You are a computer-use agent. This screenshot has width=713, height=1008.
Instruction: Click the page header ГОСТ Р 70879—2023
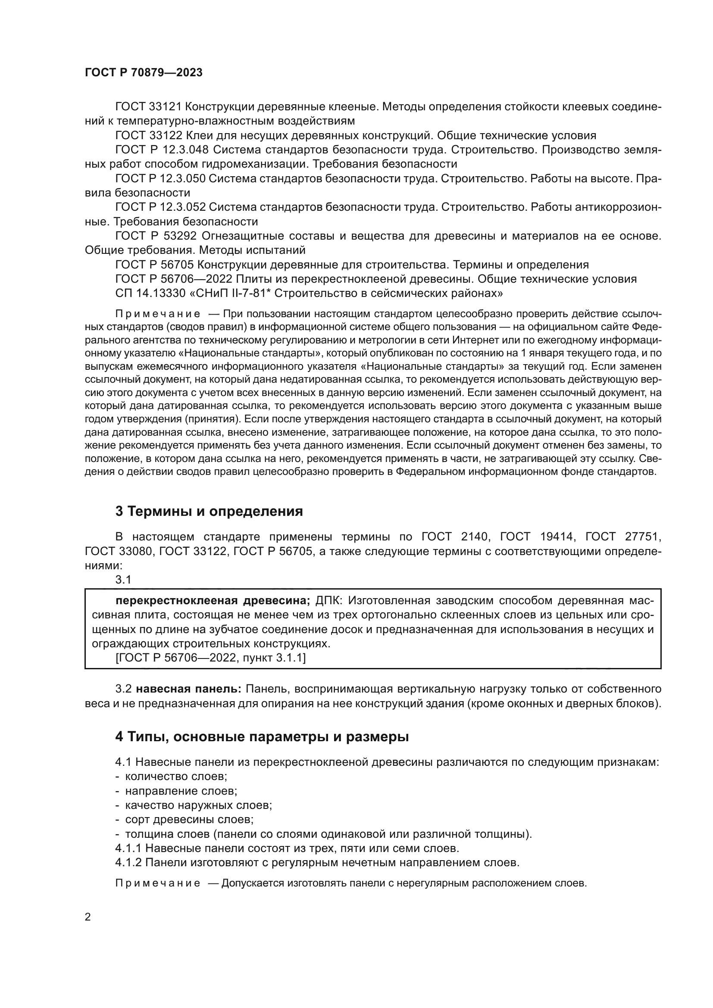[x=144, y=73]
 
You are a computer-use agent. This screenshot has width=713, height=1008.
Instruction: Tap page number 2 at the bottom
[x=88, y=917]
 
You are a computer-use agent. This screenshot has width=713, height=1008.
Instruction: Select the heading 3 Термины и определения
[x=209, y=511]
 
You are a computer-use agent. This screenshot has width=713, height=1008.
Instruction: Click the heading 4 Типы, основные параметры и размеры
[x=262, y=736]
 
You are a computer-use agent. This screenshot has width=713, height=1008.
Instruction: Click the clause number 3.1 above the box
[x=123, y=580]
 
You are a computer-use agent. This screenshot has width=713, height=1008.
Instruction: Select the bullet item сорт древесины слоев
[x=189, y=819]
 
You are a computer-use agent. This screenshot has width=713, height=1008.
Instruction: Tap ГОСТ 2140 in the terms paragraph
[x=455, y=537]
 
